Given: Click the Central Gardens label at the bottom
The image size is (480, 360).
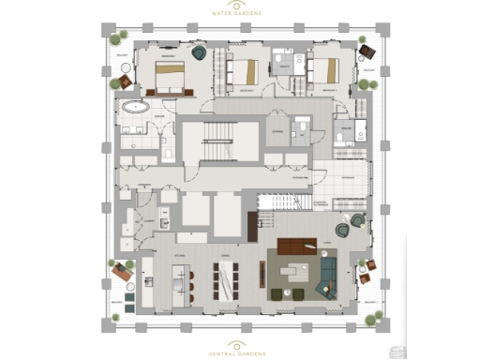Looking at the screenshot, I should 239,353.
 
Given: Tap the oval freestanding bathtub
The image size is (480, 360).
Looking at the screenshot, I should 136,108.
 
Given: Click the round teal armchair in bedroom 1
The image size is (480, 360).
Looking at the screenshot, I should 200,54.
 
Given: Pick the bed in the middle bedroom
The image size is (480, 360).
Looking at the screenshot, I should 245,71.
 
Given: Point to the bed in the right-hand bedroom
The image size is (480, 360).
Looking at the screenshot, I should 324,71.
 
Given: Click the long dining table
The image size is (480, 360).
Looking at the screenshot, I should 224,278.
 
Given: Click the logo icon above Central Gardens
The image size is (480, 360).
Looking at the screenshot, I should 239,344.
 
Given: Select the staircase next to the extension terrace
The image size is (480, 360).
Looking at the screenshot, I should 284,201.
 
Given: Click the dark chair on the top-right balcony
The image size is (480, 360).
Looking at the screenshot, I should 365,51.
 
